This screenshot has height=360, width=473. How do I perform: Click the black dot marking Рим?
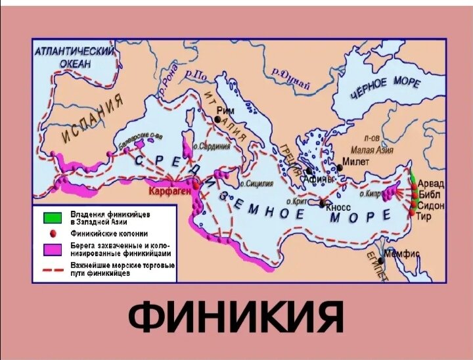point(219,120)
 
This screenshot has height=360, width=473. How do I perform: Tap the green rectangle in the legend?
point(51,217)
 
